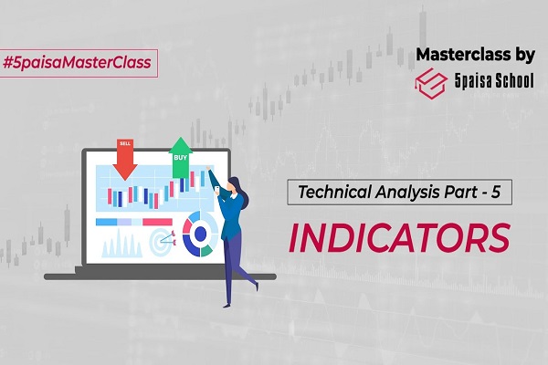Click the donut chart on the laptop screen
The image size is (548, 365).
click(x=197, y=232)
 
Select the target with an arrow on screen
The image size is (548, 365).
click(x=162, y=244)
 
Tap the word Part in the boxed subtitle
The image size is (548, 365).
click(x=467, y=194)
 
